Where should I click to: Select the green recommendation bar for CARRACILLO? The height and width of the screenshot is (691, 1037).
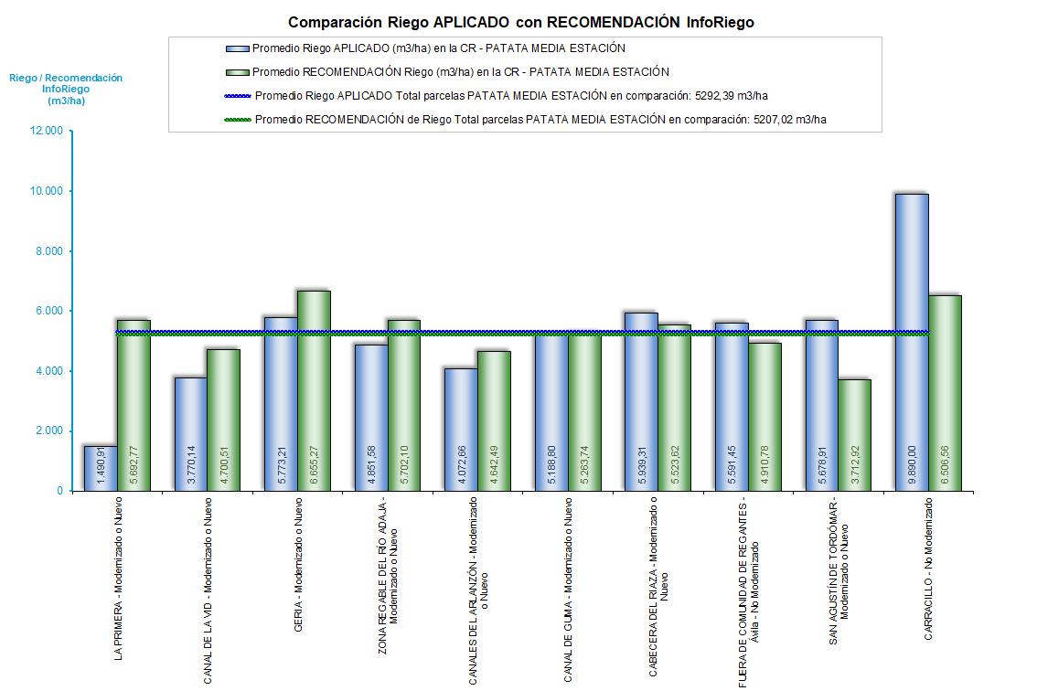945,393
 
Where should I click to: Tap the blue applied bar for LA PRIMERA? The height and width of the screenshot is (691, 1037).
101,468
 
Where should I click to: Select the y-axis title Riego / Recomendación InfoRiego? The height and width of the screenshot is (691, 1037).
66,90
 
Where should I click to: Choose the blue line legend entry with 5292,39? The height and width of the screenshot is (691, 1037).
517,95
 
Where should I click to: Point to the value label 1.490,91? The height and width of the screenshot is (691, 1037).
101,466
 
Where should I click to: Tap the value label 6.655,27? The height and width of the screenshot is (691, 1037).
315,462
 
